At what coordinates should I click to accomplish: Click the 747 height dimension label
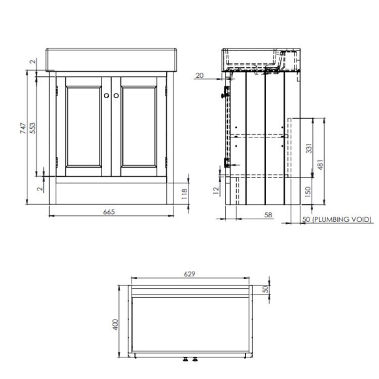tap(22, 128)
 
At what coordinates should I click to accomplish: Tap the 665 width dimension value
tap(110, 212)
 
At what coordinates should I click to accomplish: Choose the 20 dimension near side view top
tap(200, 76)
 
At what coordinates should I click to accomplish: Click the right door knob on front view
tap(115, 96)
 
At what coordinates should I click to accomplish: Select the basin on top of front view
tap(111, 59)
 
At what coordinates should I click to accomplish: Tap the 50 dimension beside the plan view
tap(266, 289)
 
